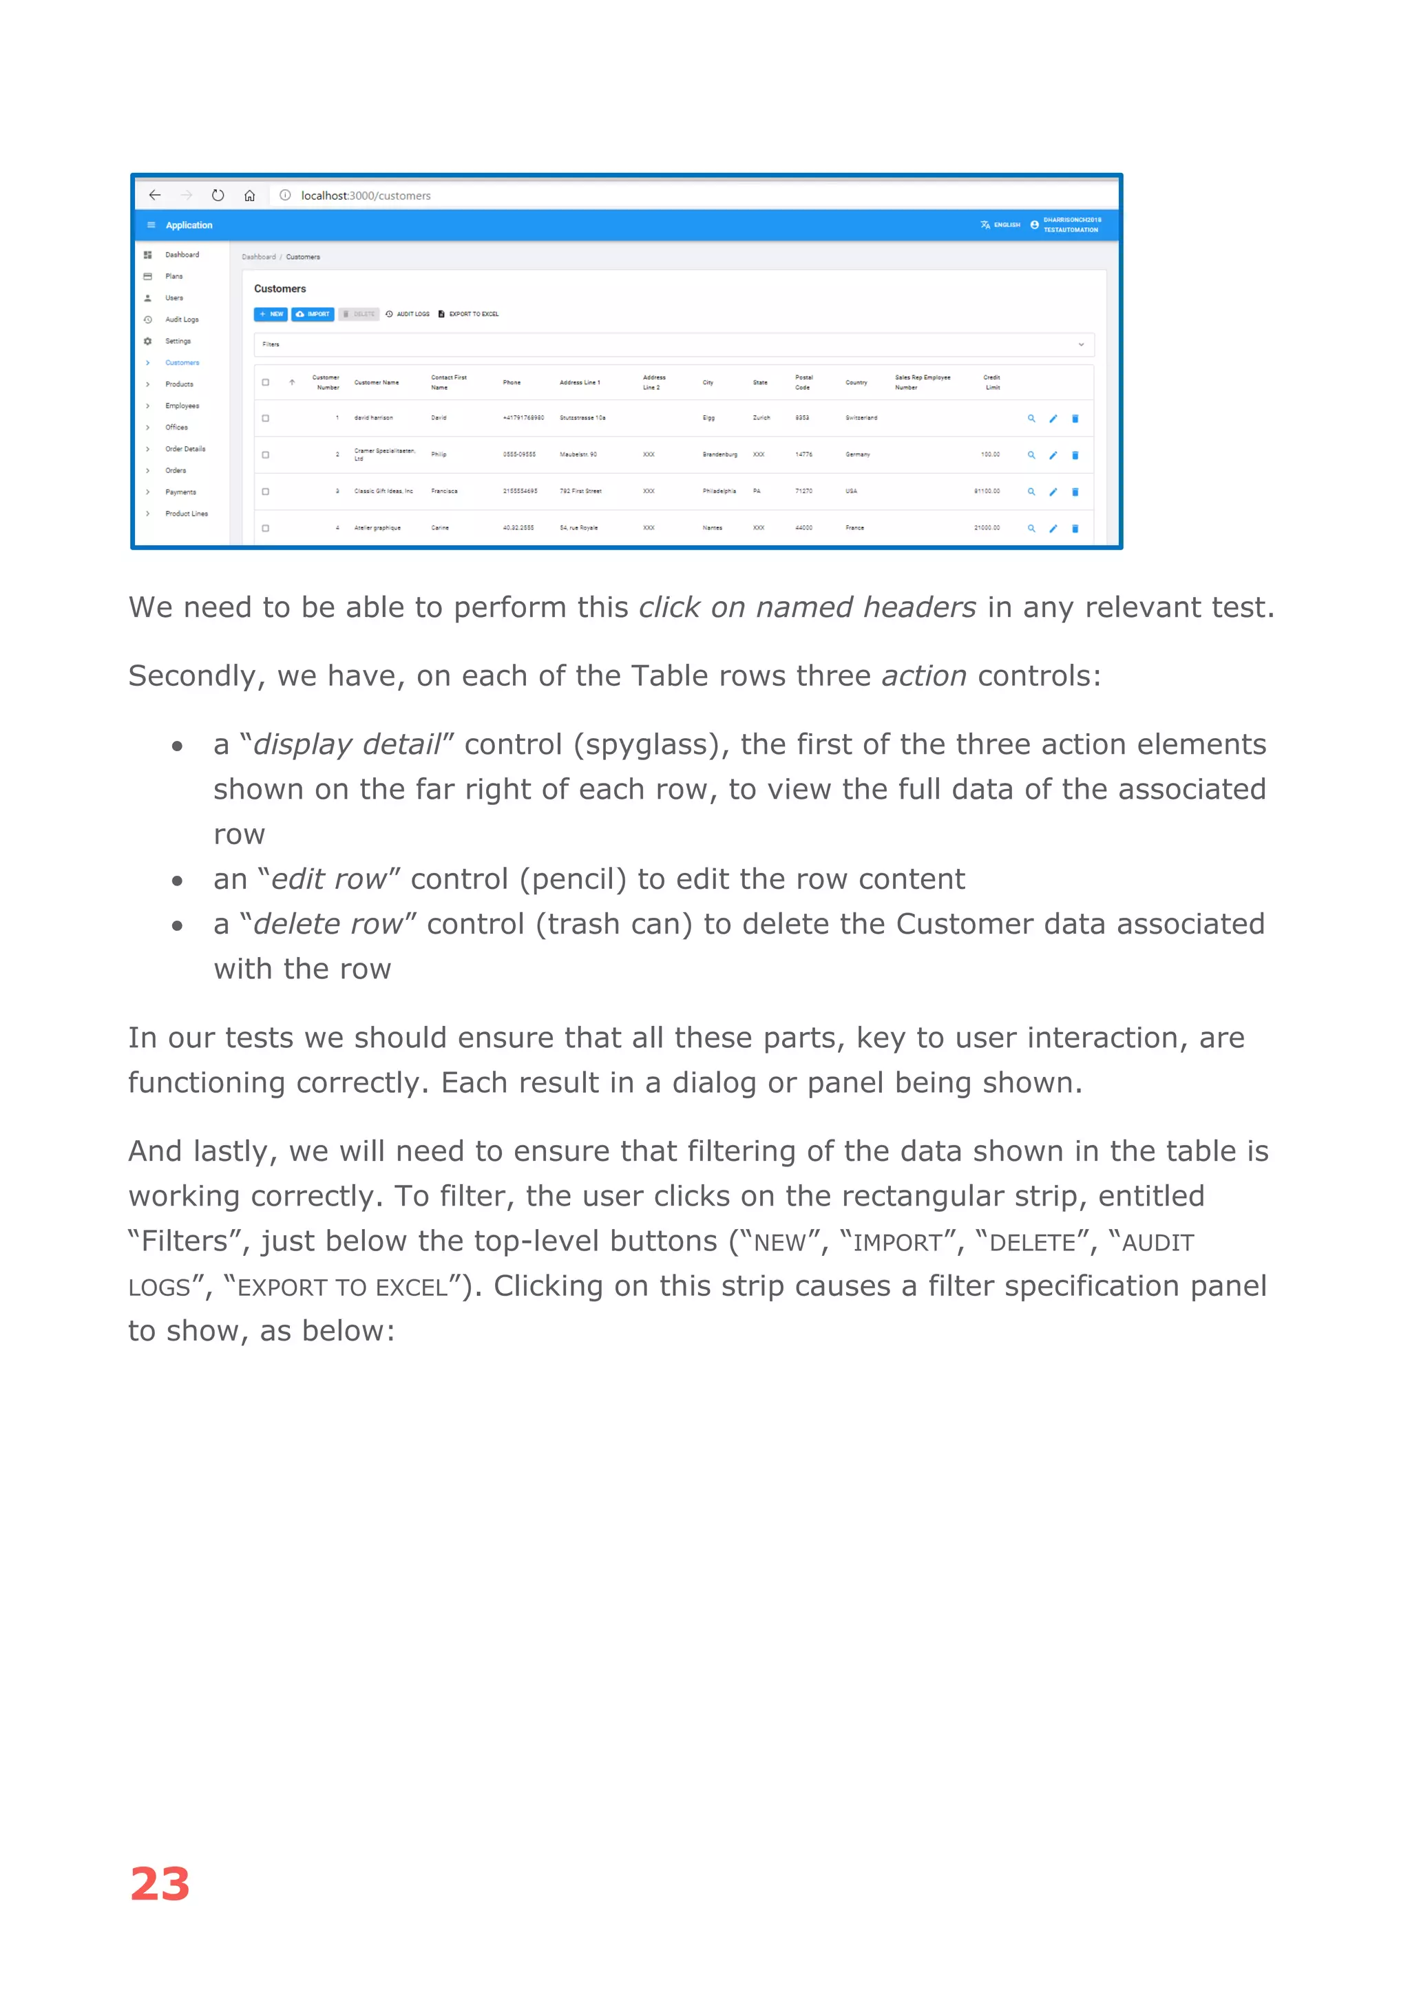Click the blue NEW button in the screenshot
point(271,315)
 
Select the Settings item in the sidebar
point(178,342)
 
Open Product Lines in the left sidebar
point(187,514)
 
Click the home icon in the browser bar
point(250,196)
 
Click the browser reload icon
point(218,196)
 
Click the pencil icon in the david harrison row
point(1053,419)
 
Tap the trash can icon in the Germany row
point(1075,455)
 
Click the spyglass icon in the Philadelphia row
point(1031,492)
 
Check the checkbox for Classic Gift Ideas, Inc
point(266,492)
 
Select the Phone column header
point(512,383)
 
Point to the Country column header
point(856,383)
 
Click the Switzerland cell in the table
point(861,419)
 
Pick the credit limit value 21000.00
point(987,528)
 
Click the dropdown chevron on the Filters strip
point(1081,345)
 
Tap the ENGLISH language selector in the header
point(1001,225)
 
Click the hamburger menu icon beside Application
point(151,225)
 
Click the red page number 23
point(160,1885)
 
